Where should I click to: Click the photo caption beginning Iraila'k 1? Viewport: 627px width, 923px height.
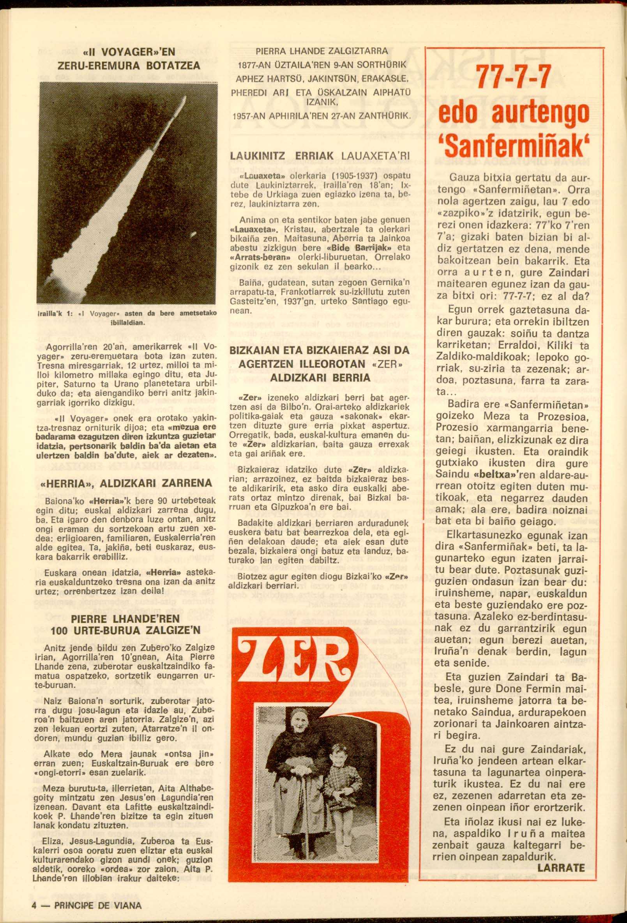pyautogui.click(x=127, y=317)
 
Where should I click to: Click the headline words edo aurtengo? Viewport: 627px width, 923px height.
pyautogui.click(x=514, y=113)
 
